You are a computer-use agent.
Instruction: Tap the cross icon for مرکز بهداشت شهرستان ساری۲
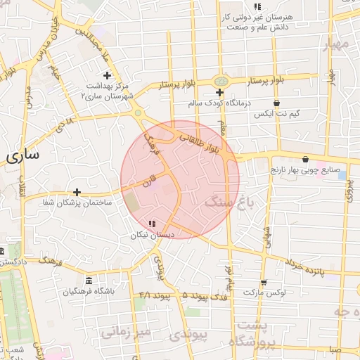107,75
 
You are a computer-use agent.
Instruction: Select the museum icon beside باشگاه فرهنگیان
88,280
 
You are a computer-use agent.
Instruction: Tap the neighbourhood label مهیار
336,44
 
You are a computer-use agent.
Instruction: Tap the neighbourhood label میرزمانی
126,330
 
